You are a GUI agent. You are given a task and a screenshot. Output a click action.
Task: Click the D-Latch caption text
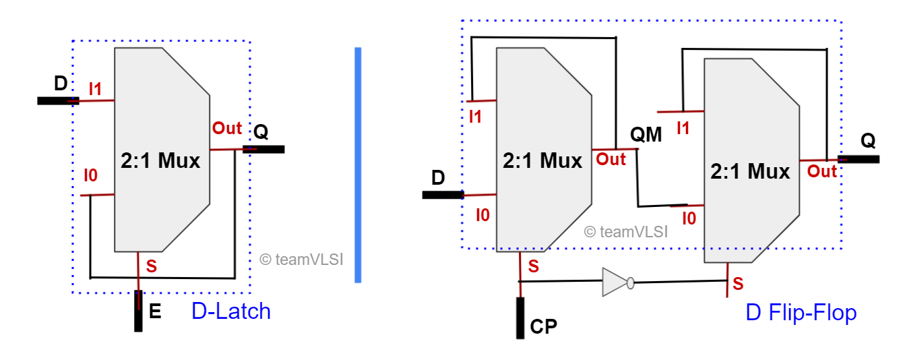(231, 311)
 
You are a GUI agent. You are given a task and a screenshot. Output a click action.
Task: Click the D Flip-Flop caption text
(801, 313)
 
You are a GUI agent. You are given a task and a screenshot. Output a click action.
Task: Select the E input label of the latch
(155, 311)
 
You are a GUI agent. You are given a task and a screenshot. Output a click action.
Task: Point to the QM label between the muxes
(646, 136)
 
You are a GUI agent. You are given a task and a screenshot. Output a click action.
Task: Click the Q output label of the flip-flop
(869, 142)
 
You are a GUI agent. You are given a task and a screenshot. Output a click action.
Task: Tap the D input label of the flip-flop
(438, 178)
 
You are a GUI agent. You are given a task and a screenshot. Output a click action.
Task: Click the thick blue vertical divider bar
(358, 164)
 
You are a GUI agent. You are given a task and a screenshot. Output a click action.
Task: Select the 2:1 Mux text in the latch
(160, 161)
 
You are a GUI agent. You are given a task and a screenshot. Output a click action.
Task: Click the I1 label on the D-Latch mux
(96, 88)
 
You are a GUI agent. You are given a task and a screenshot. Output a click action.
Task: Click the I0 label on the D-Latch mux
(90, 177)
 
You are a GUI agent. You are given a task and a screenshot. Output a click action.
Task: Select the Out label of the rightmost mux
(821, 171)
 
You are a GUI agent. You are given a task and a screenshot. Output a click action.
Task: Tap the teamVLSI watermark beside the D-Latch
(301, 259)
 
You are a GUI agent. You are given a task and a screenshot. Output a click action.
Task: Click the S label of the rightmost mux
(739, 283)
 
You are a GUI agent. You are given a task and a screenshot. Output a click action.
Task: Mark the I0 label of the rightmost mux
(689, 218)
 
